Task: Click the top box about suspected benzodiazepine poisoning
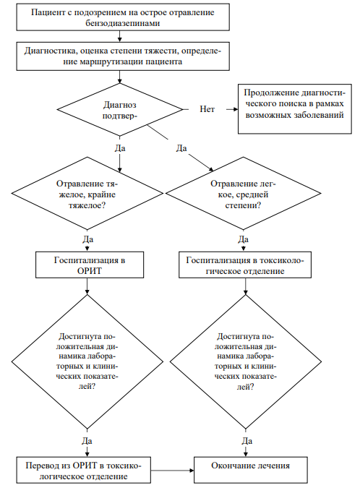pyautogui.click(x=123, y=17)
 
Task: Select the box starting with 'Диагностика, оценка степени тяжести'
pyautogui.click(x=123, y=56)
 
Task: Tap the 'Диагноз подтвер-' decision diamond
pyautogui.click(x=120, y=110)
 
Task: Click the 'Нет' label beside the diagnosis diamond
pyautogui.click(x=207, y=109)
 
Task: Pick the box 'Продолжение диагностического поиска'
pyautogui.click(x=295, y=109)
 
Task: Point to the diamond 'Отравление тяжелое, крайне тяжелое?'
pyautogui.click(x=87, y=194)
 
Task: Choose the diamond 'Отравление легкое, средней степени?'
pyautogui.click(x=244, y=194)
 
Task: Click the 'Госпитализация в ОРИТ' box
pyautogui.click(x=90, y=265)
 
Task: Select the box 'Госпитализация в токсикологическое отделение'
pyautogui.click(x=245, y=265)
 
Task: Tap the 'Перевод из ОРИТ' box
pyautogui.click(x=84, y=470)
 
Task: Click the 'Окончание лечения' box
pyautogui.click(x=251, y=470)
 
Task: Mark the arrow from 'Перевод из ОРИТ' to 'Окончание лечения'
pyautogui.click(x=172, y=471)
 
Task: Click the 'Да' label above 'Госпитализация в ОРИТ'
pyautogui.click(x=88, y=239)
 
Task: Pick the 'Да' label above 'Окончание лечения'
pyautogui.click(x=247, y=441)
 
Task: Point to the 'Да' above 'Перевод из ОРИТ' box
pyautogui.click(x=87, y=441)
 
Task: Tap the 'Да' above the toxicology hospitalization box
pyautogui.click(x=244, y=239)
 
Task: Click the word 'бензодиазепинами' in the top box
pyautogui.click(x=123, y=23)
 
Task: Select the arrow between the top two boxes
pyautogui.click(x=119, y=36)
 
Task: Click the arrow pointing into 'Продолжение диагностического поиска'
pyautogui.click(x=232, y=109)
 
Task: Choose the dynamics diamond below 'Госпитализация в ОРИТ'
pyautogui.click(x=87, y=361)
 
